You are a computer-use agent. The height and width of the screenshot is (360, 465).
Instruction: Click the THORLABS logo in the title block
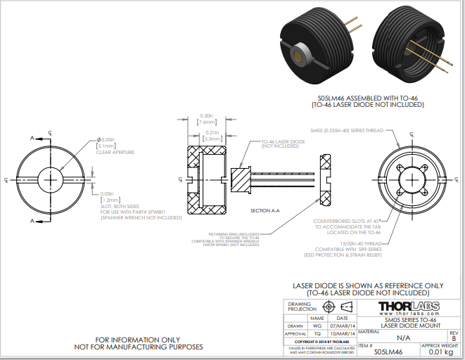(409, 307)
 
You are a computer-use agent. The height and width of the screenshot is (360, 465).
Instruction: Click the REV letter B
(454, 338)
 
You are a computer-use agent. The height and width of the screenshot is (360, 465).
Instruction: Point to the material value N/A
(403, 338)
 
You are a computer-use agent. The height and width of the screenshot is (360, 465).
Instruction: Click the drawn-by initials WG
(317, 326)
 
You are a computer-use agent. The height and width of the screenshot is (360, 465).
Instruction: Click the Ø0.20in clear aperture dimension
(108, 139)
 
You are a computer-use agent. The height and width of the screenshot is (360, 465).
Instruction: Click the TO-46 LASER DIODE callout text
(283, 141)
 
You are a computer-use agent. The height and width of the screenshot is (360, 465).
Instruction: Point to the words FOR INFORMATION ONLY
(139, 339)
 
